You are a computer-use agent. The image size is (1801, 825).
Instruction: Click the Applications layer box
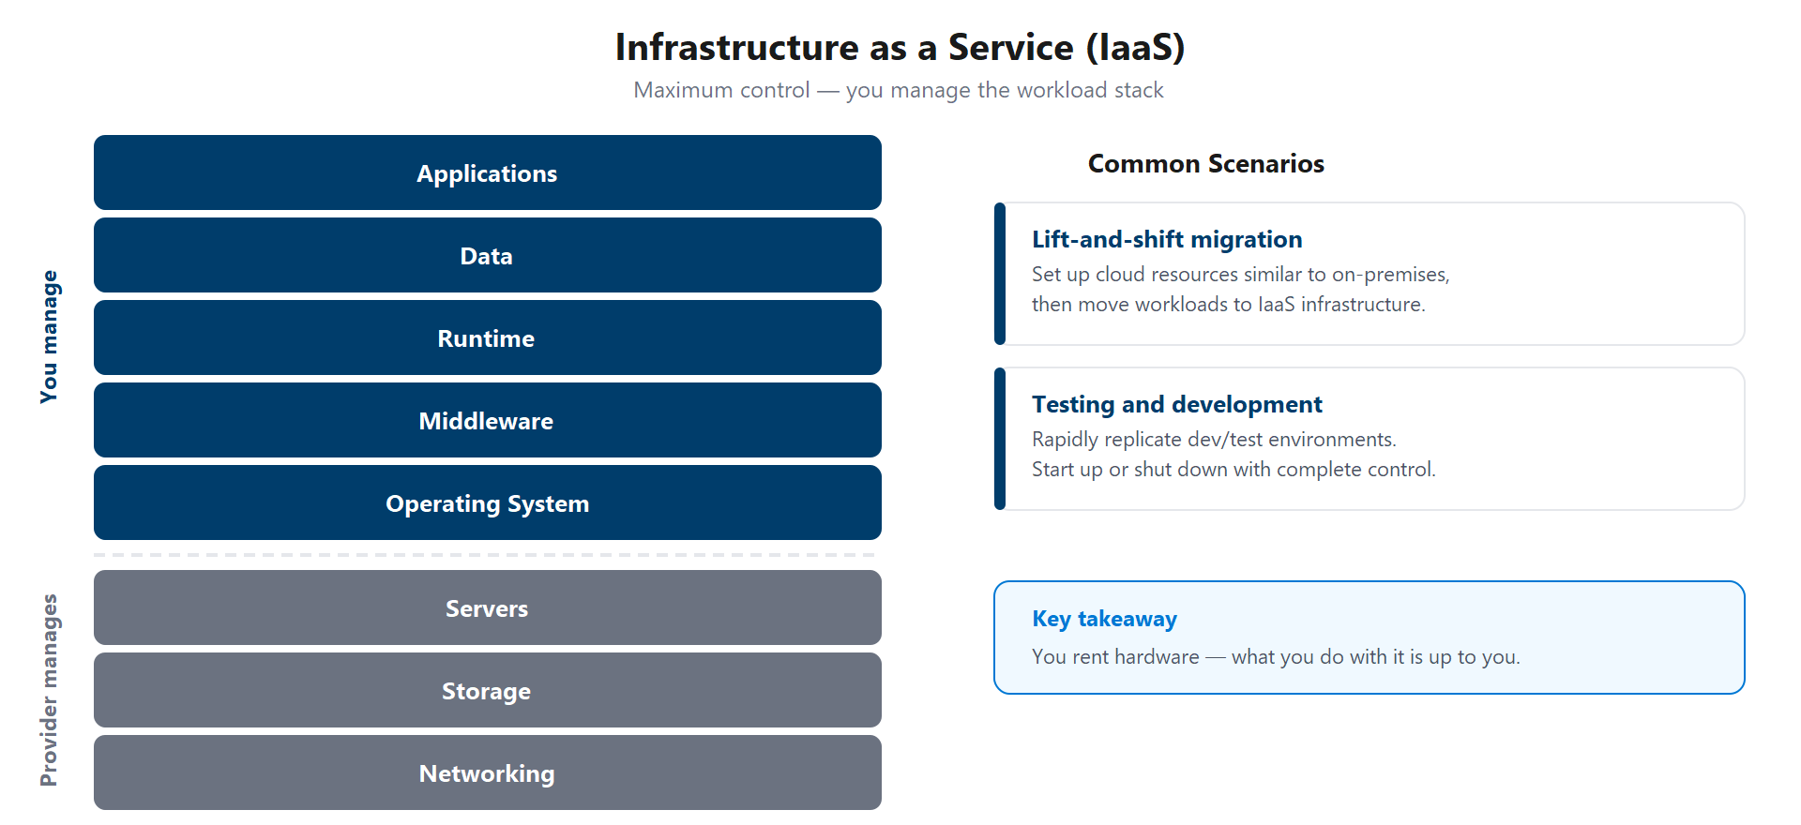tap(487, 173)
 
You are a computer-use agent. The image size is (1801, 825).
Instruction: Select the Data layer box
tap(487, 256)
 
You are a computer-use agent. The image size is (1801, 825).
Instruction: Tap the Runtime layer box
tap(487, 338)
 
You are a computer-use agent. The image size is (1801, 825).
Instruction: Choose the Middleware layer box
tap(487, 421)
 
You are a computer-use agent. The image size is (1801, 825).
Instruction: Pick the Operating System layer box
tap(487, 503)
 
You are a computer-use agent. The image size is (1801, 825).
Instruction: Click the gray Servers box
tap(487, 608)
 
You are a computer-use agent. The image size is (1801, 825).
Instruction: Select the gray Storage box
tap(487, 691)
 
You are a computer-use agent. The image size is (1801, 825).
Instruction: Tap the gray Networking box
tap(487, 773)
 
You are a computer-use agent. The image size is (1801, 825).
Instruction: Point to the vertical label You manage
tap(49, 337)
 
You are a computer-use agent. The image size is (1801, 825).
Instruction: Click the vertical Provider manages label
tap(49, 690)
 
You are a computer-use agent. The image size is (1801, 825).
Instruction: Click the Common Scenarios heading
tap(1205, 164)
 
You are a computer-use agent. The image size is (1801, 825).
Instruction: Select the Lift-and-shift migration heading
tap(1167, 240)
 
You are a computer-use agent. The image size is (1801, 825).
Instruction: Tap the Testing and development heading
tap(1176, 405)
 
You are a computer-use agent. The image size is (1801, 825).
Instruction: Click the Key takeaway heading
tap(1104, 619)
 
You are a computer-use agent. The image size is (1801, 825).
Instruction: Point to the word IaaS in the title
tap(1136, 48)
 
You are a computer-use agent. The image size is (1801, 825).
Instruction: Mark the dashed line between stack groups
tap(487, 555)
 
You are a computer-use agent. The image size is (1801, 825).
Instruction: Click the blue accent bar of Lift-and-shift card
tap(1000, 274)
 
